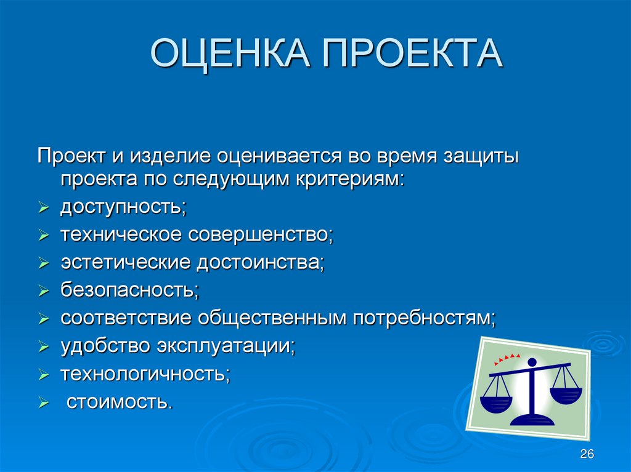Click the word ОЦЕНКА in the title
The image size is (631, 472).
click(x=230, y=53)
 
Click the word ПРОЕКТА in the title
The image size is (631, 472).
click(x=412, y=53)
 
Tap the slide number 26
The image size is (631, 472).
click(x=587, y=454)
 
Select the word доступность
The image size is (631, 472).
click(x=123, y=207)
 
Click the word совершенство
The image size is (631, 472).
click(x=261, y=235)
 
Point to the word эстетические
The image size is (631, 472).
click(x=125, y=263)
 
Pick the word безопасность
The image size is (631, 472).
click(x=130, y=290)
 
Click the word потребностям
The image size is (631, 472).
click(x=425, y=318)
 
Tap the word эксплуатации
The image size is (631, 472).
click(x=226, y=346)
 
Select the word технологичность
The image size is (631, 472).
click(x=145, y=374)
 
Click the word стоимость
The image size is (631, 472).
click(x=120, y=402)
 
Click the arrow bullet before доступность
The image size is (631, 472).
click(x=44, y=208)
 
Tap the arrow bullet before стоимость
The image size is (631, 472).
click(x=44, y=402)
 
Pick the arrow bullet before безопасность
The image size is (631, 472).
click(x=44, y=291)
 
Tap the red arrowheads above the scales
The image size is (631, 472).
click(x=507, y=358)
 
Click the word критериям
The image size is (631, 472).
click(x=350, y=180)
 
